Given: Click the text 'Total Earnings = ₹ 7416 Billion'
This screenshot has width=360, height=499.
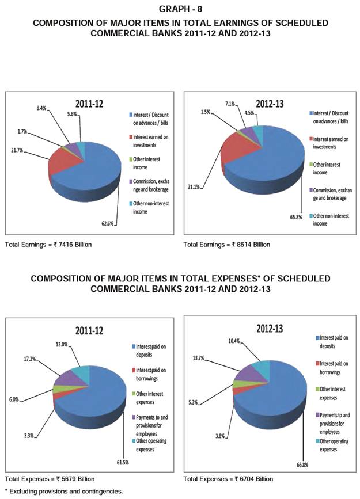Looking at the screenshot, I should click(48, 245).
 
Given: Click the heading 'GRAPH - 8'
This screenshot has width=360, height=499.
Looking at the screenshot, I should click(180, 9).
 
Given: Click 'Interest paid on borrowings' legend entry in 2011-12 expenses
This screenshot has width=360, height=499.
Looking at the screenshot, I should click(152, 373).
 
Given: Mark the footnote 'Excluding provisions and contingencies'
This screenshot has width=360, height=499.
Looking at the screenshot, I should click(65, 491).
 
